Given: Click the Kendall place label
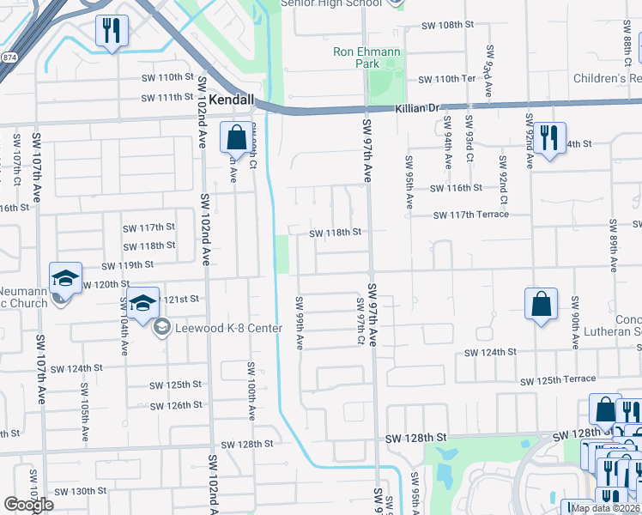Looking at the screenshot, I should (x=232, y=100).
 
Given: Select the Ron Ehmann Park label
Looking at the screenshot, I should (x=366, y=58).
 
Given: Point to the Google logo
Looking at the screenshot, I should (x=28, y=505).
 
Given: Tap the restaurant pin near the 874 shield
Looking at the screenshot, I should (x=111, y=32).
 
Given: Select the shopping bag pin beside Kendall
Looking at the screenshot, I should (x=236, y=137).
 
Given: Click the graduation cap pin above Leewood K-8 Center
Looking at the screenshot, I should (x=143, y=303).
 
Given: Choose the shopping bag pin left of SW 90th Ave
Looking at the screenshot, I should (x=541, y=305).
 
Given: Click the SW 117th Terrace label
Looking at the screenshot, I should (x=470, y=215).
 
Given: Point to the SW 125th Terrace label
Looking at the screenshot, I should (x=557, y=379).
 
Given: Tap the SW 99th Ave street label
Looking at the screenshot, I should (x=300, y=323).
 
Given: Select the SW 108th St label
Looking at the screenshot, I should (x=450, y=26).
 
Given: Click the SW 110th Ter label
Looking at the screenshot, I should (x=446, y=79).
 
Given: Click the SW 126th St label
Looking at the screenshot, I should (x=175, y=405).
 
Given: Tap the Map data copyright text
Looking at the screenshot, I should (x=605, y=508).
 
